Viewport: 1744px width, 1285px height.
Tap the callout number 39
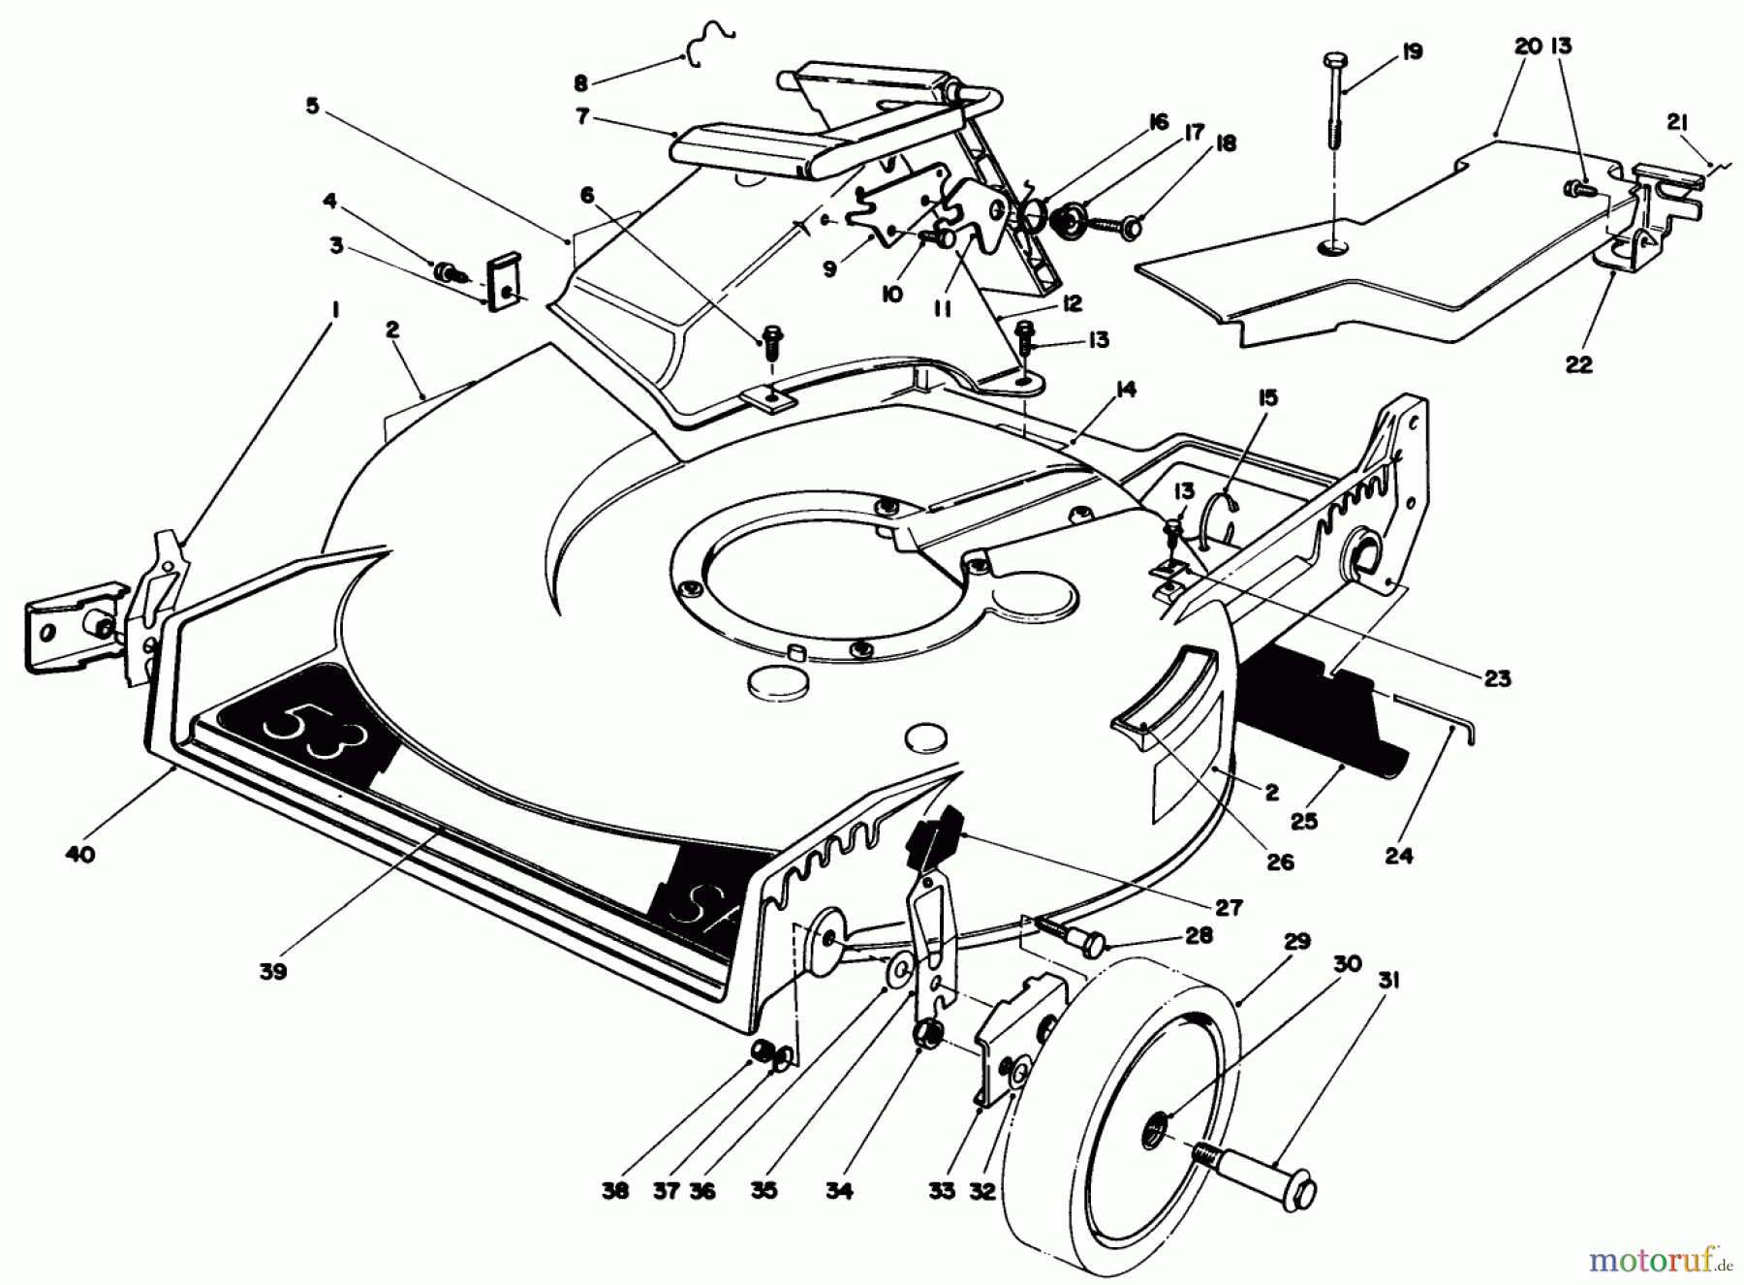(273, 972)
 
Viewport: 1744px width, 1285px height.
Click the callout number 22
(1578, 364)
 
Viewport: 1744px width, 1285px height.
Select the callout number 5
(312, 106)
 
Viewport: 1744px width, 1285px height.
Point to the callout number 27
(1228, 908)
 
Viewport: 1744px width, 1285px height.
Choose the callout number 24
(1398, 855)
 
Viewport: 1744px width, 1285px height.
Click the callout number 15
(1268, 397)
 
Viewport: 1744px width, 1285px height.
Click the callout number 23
(1497, 677)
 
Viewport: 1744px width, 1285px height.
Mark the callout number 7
(581, 115)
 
